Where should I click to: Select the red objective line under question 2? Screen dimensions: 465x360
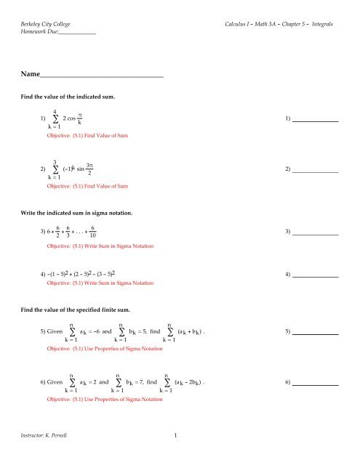tap(88, 186)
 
